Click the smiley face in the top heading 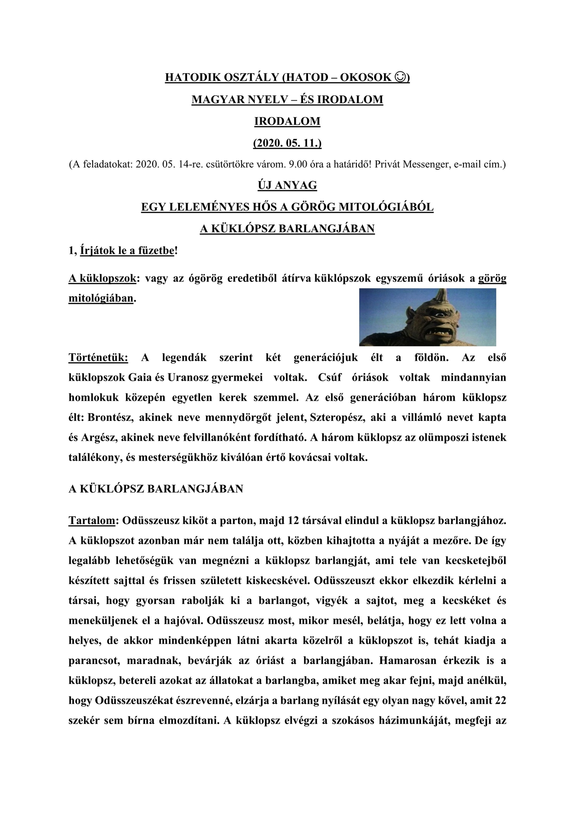coord(400,77)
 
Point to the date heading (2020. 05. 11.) coord(287,144)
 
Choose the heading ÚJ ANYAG coord(287,185)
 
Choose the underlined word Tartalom coord(92,521)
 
